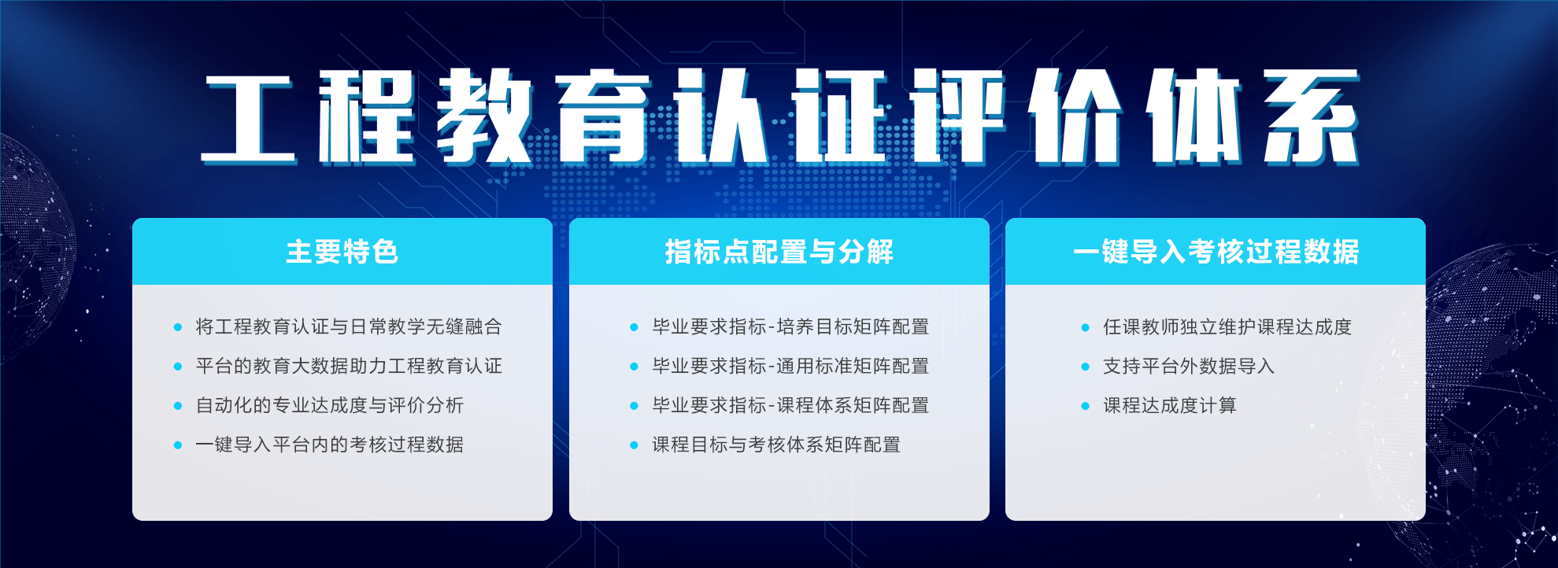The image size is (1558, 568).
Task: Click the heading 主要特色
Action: tap(342, 252)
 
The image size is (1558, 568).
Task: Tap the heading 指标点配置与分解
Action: tap(779, 252)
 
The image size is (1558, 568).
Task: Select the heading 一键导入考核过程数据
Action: tap(1216, 252)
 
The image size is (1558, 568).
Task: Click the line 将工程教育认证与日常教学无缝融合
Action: tap(349, 326)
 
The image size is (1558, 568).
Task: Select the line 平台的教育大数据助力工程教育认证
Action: tap(349, 366)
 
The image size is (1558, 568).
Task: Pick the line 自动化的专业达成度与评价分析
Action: tap(330, 405)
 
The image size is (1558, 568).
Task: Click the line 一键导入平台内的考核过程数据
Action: tap(330, 444)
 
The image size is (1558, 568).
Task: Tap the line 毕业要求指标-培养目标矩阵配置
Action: tap(790, 326)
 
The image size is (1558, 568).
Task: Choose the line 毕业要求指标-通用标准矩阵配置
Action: tap(790, 366)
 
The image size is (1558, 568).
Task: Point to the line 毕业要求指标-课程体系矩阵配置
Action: tap(790, 405)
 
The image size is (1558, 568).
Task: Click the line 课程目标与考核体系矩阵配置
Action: tap(776, 444)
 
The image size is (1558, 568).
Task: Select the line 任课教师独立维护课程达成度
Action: tap(1227, 326)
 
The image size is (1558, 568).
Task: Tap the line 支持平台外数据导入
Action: tap(1189, 366)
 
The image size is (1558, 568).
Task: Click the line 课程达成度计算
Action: tap(1170, 405)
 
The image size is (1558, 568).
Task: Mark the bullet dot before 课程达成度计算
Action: tap(1086, 406)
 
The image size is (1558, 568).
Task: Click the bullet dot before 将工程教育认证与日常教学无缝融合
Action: tap(178, 327)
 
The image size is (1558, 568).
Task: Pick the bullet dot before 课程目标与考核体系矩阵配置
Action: tap(635, 445)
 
